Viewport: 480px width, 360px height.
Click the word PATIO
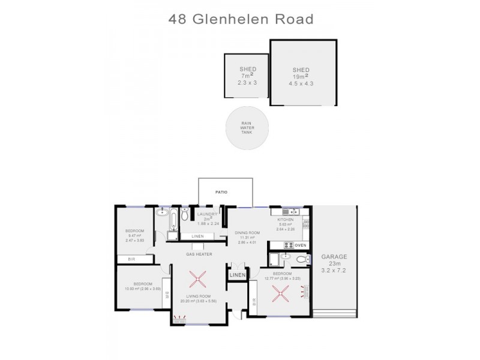(226, 193)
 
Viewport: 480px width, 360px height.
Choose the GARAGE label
(334, 256)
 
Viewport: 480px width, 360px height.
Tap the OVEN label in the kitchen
(301, 245)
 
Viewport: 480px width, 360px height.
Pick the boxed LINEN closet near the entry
(237, 274)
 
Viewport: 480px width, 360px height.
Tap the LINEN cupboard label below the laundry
(197, 237)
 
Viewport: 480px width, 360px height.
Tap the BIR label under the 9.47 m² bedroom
(130, 259)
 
